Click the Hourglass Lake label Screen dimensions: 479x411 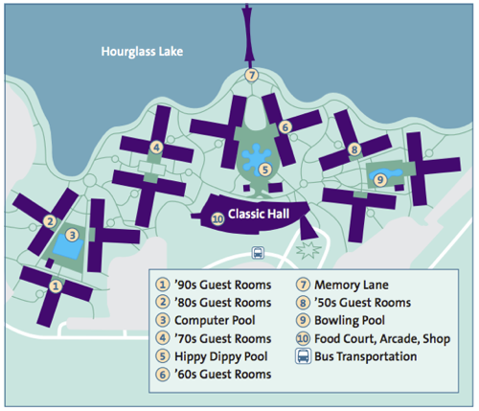[x=142, y=52]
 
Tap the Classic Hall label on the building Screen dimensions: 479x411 [x=259, y=214]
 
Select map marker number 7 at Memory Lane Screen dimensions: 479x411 [x=252, y=76]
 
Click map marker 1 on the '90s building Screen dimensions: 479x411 [x=56, y=286]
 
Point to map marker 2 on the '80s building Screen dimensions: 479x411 [x=50, y=221]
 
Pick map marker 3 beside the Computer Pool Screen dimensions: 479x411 [x=72, y=235]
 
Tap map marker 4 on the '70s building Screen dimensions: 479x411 [x=156, y=148]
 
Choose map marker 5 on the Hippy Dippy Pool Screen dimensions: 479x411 [x=265, y=170]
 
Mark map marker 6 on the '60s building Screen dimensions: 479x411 [x=285, y=127]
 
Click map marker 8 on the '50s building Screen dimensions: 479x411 [x=354, y=149]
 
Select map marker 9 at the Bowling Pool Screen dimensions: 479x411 [x=380, y=180]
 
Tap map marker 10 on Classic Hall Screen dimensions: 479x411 [x=217, y=219]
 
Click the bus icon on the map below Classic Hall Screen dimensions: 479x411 [x=258, y=253]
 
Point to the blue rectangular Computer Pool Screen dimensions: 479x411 [x=68, y=246]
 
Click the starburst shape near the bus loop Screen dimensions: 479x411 [x=308, y=250]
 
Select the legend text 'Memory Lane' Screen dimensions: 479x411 [x=352, y=285]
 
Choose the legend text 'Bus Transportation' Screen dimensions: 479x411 [x=366, y=356]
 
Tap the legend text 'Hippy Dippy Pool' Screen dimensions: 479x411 [x=221, y=356]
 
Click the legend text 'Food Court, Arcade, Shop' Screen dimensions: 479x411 [x=382, y=339]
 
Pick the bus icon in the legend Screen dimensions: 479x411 [x=303, y=356]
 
